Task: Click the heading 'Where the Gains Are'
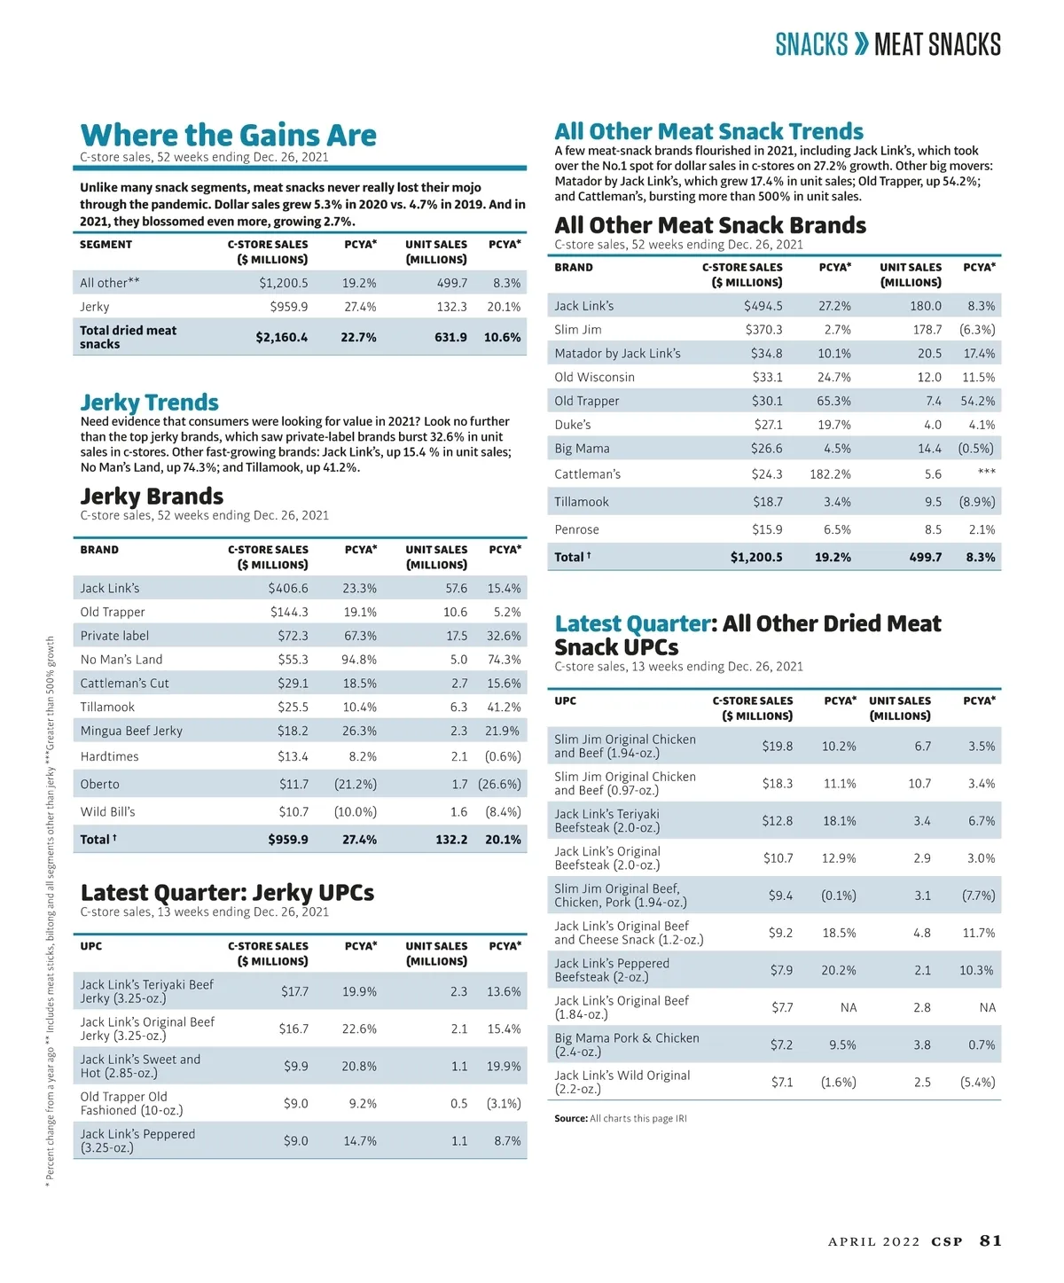point(228,135)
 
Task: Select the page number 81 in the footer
point(990,1240)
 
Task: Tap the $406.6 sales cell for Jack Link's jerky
point(288,588)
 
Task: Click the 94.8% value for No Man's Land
point(359,660)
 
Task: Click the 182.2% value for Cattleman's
point(830,474)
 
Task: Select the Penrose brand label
point(576,529)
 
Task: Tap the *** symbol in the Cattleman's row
point(986,473)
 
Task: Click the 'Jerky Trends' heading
point(149,402)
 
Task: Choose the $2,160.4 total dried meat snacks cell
point(282,337)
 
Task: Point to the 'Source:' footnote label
point(570,1118)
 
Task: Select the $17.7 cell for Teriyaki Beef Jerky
point(294,991)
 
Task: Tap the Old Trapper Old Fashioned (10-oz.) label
point(131,1103)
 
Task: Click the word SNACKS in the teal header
point(811,44)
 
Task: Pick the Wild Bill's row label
point(107,811)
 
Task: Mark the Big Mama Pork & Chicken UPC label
point(626,1044)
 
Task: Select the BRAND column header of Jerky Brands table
point(99,550)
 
